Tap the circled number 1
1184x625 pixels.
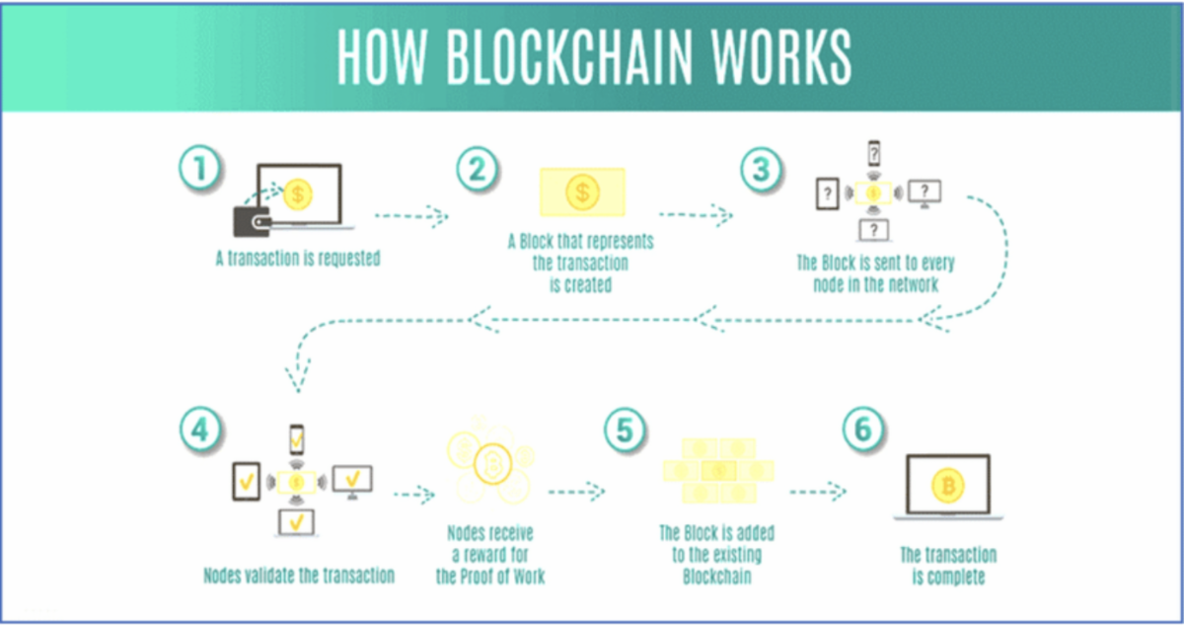click(200, 169)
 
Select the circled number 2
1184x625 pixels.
click(477, 169)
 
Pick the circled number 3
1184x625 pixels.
click(761, 169)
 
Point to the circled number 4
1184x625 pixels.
click(200, 430)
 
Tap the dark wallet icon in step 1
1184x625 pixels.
click(254, 219)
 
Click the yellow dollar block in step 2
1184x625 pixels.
click(582, 192)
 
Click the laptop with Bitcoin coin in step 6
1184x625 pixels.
click(947, 486)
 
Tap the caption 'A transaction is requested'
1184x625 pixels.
click(298, 260)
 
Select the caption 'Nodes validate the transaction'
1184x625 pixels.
click(299, 576)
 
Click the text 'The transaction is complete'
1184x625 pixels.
click(947, 565)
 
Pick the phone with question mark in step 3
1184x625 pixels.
click(873, 154)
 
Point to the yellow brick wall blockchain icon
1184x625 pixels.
click(717, 471)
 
